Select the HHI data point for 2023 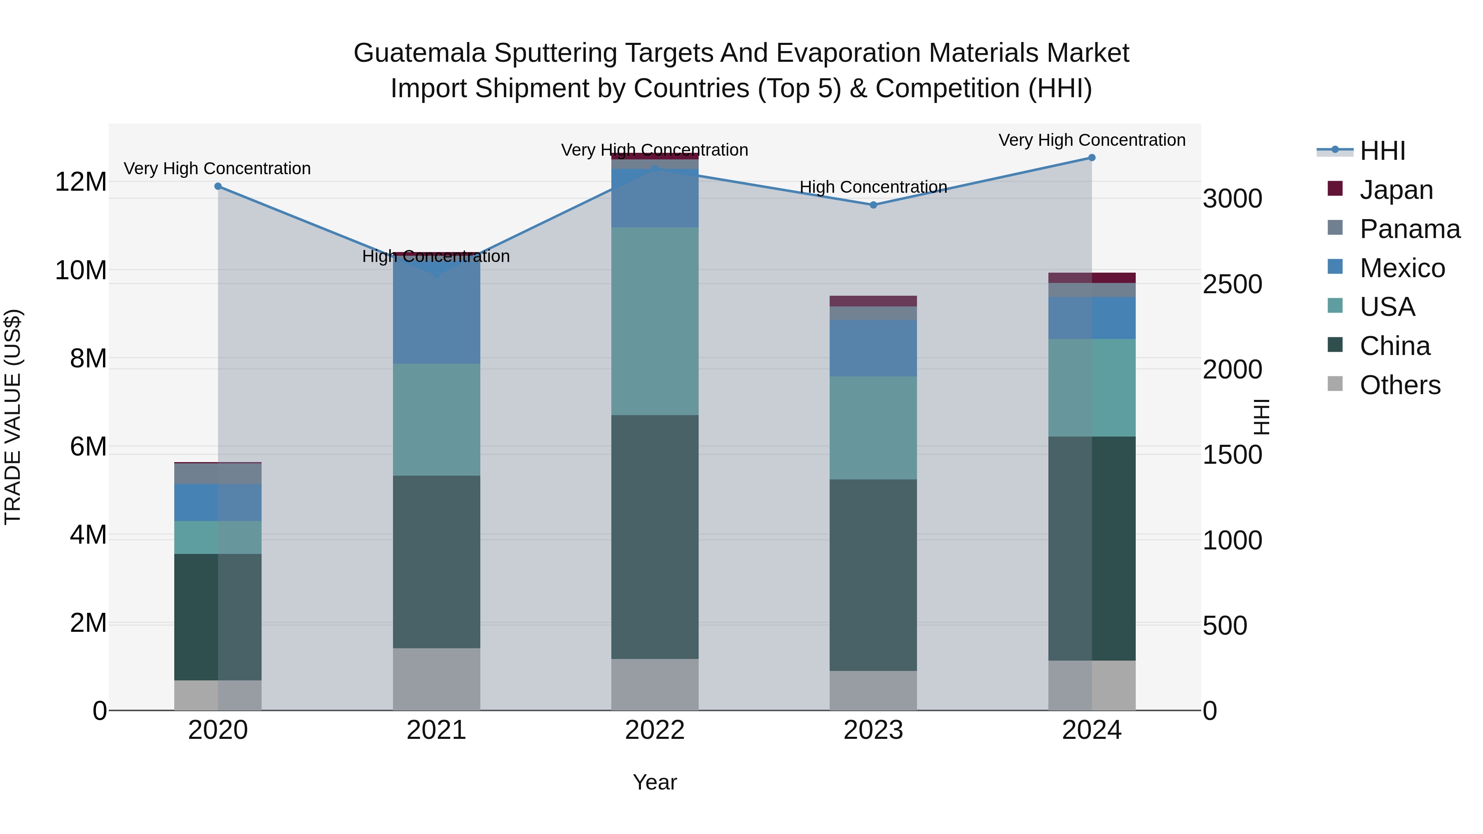coord(873,205)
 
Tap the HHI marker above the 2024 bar coord(1092,158)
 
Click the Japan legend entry coord(1396,190)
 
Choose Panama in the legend coord(1409,229)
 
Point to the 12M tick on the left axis coord(81,182)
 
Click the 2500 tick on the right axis coord(1232,284)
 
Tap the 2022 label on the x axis coord(655,730)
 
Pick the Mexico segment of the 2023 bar coord(873,348)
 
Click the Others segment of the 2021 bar coord(436,679)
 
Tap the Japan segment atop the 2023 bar coord(873,301)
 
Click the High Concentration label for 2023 coord(873,187)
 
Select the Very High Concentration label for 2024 coord(1092,140)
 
